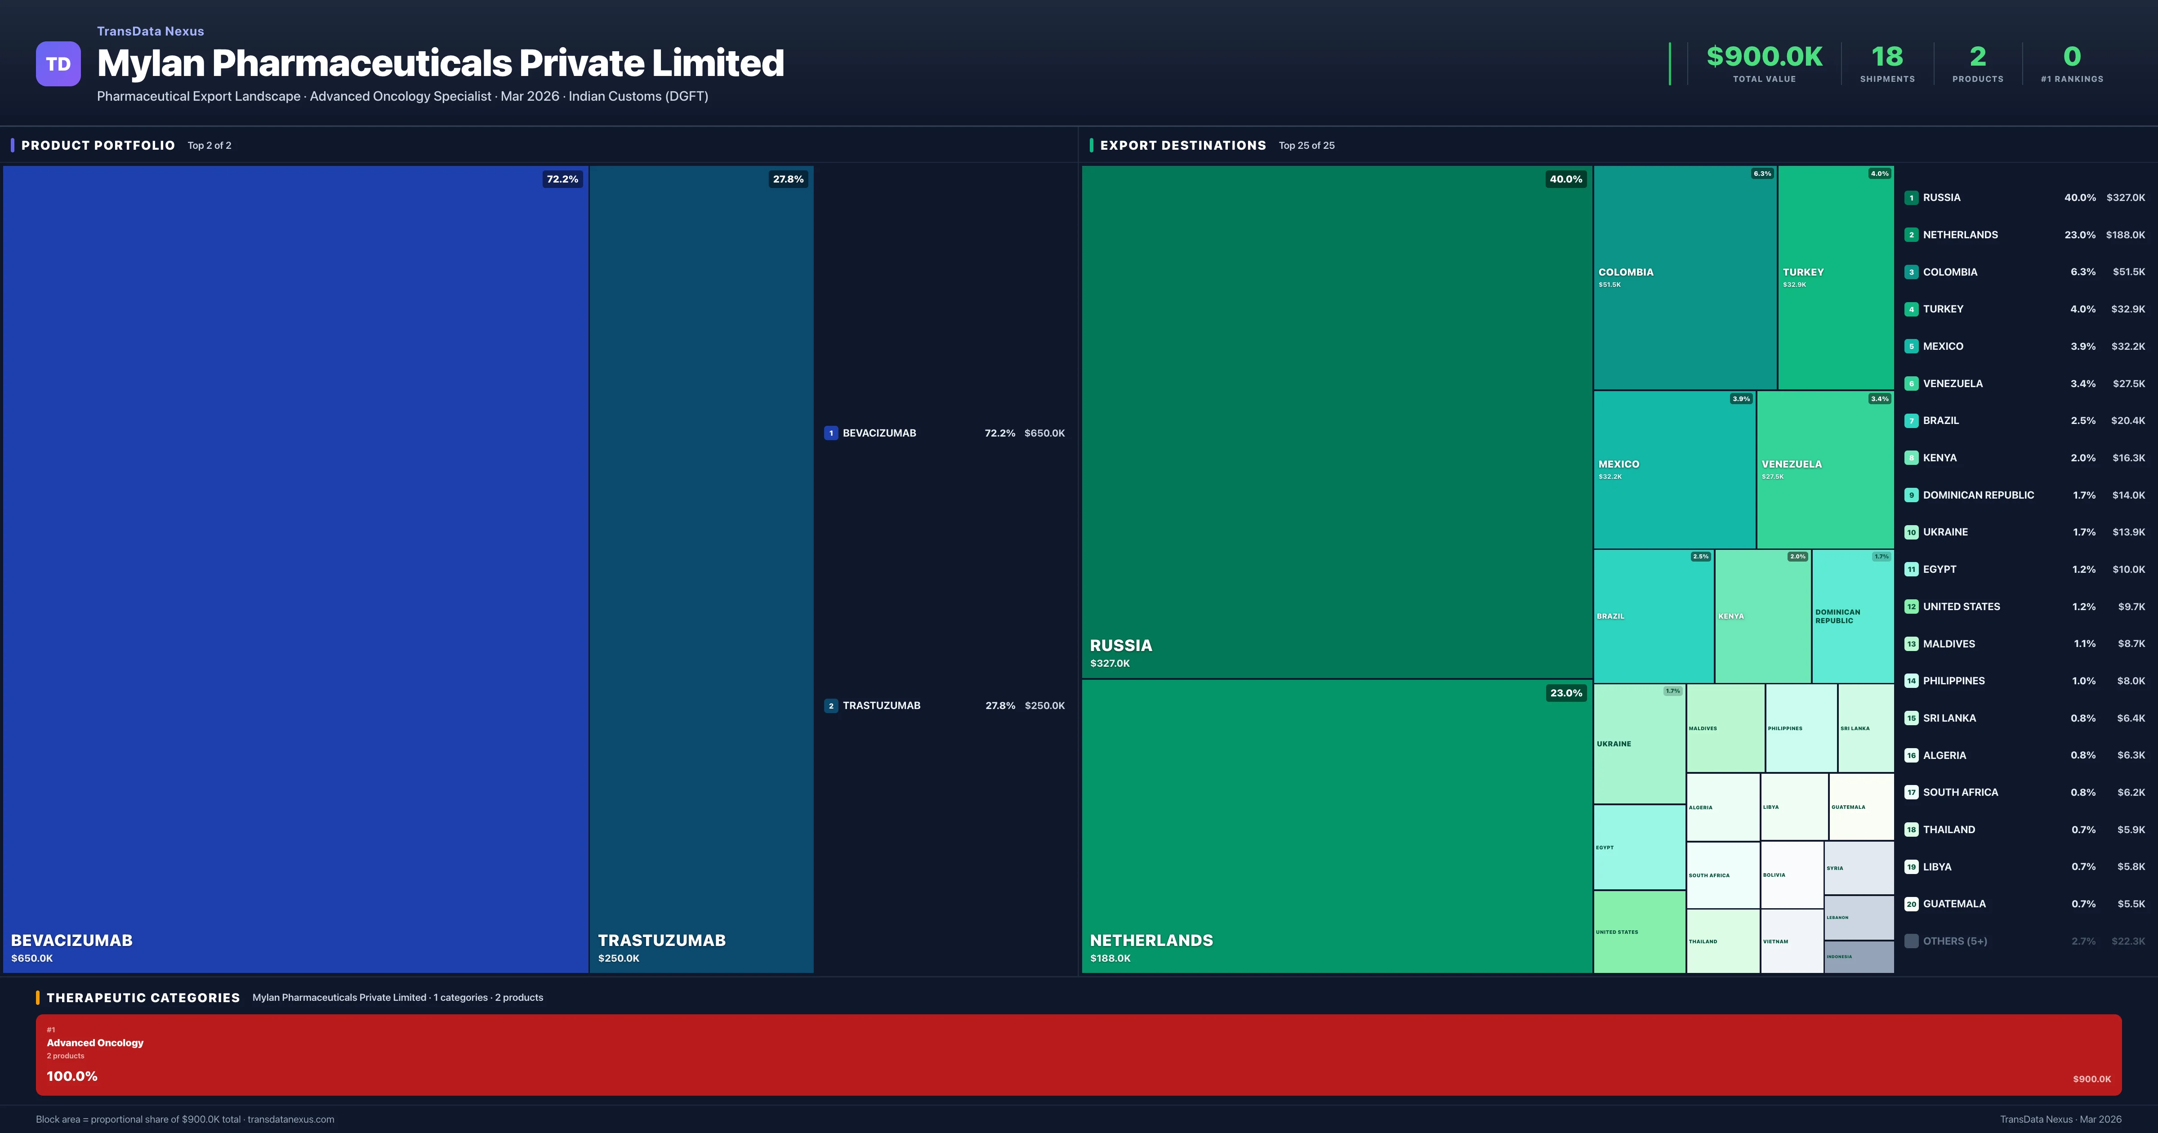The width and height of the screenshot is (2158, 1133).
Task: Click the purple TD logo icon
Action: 58,64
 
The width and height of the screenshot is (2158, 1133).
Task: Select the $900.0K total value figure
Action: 1764,57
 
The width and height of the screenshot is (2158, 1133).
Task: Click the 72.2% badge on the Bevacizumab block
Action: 562,179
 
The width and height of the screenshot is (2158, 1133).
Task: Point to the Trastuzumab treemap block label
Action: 662,940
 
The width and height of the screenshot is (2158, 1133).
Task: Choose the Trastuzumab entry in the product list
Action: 881,705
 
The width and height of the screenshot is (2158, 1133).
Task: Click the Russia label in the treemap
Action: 1121,645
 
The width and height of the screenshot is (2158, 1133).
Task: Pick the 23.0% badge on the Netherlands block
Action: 1566,693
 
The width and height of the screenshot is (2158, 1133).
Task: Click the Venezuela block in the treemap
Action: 1824,469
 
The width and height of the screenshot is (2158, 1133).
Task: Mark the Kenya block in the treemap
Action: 1762,616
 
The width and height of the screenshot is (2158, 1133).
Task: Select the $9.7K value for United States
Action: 2131,607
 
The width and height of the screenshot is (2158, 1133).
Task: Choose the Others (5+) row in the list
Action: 1954,941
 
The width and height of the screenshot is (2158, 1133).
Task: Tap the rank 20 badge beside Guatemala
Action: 1911,904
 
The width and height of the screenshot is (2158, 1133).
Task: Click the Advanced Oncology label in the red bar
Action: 95,1043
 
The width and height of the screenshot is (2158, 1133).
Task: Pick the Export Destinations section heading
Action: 1183,146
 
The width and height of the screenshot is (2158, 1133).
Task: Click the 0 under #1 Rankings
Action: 2072,57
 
